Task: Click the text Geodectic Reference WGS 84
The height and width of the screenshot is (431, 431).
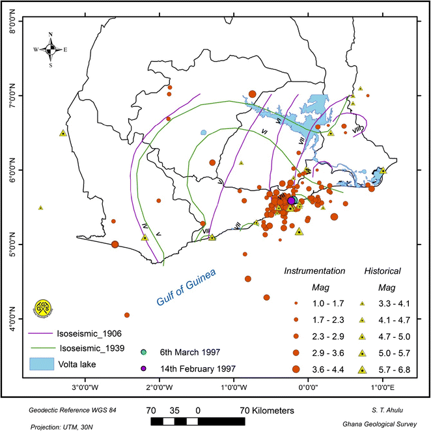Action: [66, 409]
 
